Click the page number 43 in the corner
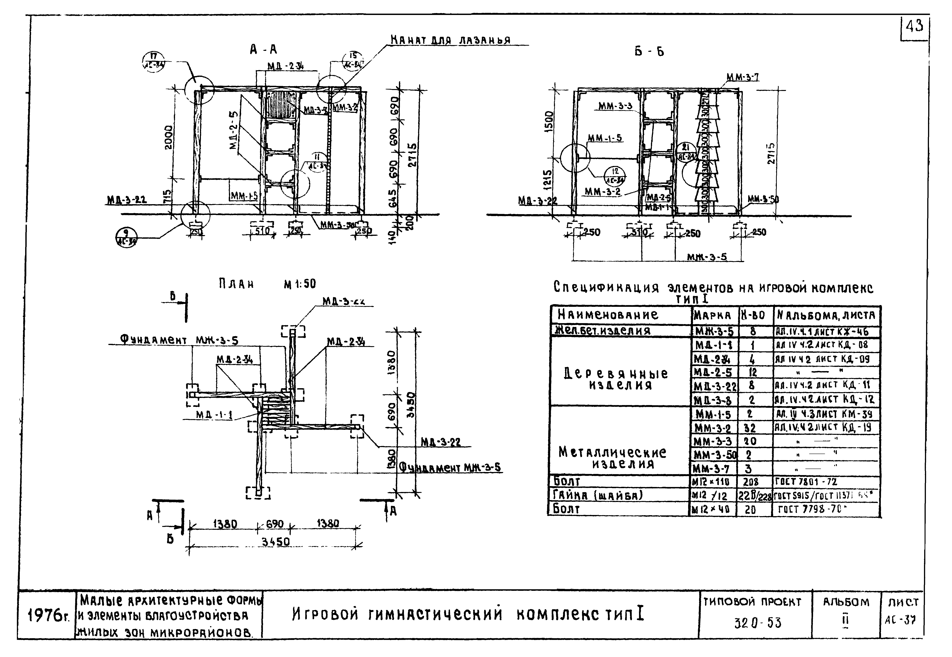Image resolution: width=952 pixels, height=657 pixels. click(915, 27)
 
